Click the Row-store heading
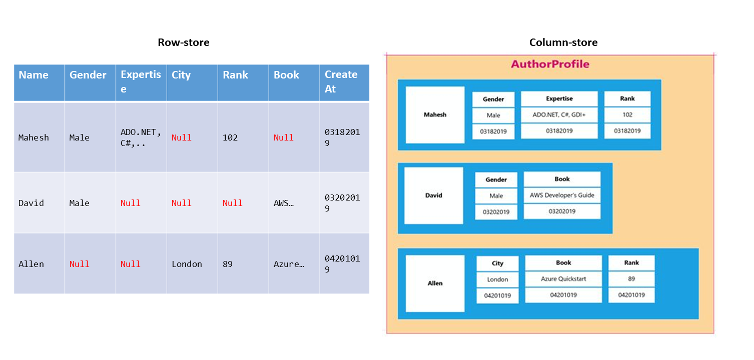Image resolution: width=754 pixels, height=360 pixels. click(x=184, y=42)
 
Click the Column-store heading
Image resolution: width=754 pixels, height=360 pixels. click(x=563, y=42)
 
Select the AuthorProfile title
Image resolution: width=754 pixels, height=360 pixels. click(x=550, y=64)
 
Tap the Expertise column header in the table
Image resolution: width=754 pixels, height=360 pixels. click(x=141, y=81)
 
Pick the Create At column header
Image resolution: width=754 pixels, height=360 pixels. click(x=341, y=81)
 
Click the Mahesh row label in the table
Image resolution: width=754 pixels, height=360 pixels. click(x=34, y=137)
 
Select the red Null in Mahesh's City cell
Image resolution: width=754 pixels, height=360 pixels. click(x=181, y=137)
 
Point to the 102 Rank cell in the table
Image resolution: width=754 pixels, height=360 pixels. click(x=230, y=137)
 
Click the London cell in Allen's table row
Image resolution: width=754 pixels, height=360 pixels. click(x=187, y=264)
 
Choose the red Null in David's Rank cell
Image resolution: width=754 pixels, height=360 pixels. click(x=232, y=203)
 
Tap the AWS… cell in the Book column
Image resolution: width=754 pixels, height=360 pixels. click(x=283, y=203)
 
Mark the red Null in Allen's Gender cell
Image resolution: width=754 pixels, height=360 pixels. click(x=79, y=264)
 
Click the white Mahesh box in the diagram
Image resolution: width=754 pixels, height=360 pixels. click(x=435, y=115)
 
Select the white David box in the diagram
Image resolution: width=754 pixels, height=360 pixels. click(x=433, y=195)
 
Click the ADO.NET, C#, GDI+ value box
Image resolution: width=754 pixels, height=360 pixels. click(x=559, y=114)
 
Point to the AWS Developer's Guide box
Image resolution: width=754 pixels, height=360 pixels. click(x=562, y=195)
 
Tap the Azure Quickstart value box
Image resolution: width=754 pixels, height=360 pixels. click(x=563, y=278)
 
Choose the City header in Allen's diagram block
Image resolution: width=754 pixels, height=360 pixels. click(x=497, y=263)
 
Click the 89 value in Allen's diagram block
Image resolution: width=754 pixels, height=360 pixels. click(x=631, y=278)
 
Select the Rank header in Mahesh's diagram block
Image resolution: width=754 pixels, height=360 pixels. click(x=627, y=99)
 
